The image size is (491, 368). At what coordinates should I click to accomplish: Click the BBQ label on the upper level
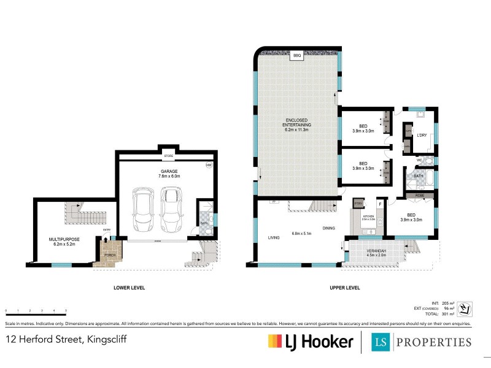pyautogui.click(x=297, y=55)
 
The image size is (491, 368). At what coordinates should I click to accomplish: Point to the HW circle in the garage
pyautogui.click(x=209, y=166)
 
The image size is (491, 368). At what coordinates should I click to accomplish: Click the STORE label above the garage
pyautogui.click(x=167, y=156)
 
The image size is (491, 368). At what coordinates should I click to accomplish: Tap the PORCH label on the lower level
pyautogui.click(x=109, y=255)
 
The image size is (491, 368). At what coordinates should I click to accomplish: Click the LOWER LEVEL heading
pyautogui.click(x=129, y=288)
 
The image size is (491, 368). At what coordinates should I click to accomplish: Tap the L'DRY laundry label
pyautogui.click(x=422, y=135)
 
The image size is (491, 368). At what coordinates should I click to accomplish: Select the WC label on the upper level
pyautogui.click(x=420, y=161)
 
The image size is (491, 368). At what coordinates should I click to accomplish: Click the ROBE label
pyautogui.click(x=419, y=196)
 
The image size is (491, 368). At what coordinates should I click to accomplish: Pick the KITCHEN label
pyautogui.click(x=368, y=215)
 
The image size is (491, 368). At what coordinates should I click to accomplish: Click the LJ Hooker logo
pyautogui.click(x=310, y=342)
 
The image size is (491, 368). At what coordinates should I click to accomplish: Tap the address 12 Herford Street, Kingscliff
pyautogui.click(x=66, y=339)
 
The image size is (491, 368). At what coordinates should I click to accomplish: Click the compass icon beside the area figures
pyautogui.click(x=465, y=308)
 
